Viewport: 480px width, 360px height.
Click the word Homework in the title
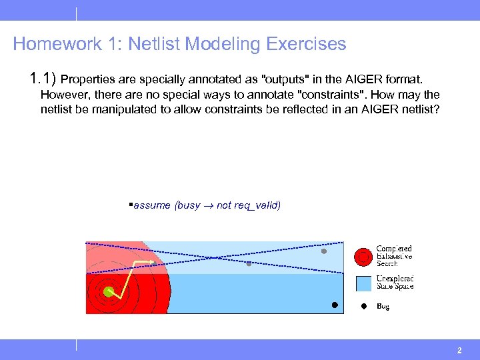(x=56, y=45)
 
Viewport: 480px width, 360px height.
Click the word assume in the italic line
(x=153, y=205)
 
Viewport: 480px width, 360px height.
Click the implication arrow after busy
(x=208, y=205)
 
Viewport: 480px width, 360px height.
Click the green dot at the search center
(x=108, y=291)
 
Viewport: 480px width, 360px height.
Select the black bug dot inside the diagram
(x=335, y=305)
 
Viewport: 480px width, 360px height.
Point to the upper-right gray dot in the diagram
(x=324, y=251)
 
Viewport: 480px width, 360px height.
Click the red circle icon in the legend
(x=363, y=256)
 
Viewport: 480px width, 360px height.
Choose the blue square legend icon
(x=363, y=283)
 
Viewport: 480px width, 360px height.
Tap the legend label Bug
(x=383, y=307)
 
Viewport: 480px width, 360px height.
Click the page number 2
(x=459, y=350)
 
